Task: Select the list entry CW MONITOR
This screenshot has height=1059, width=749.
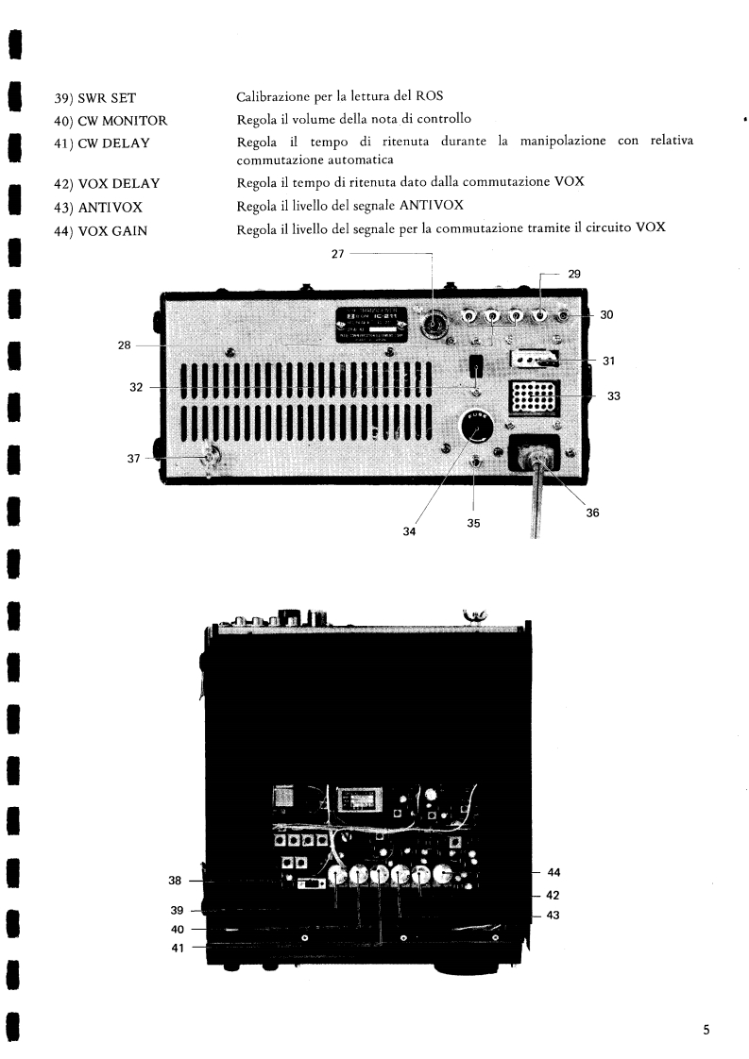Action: pyautogui.click(x=111, y=120)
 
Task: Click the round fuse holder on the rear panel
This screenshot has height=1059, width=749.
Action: pyautogui.click(x=477, y=428)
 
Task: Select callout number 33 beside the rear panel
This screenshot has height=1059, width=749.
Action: pyautogui.click(x=613, y=396)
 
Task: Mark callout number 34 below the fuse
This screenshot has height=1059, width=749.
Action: pyautogui.click(x=409, y=531)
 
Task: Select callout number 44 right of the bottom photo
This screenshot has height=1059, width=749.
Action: pyautogui.click(x=554, y=872)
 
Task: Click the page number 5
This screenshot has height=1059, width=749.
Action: pyautogui.click(x=706, y=1030)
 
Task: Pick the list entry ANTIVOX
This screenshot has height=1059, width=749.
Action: pyautogui.click(x=95, y=208)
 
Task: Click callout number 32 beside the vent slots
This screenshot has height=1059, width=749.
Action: pyautogui.click(x=137, y=387)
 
